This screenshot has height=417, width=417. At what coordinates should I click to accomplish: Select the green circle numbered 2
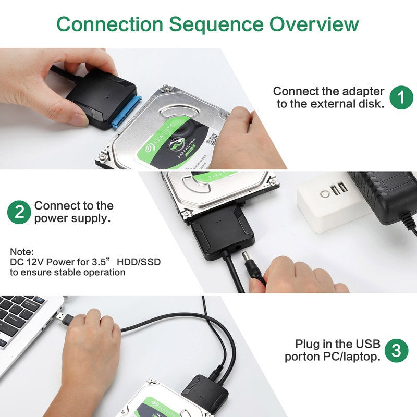click(19, 212)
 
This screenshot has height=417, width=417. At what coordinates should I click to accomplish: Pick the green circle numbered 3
click(396, 350)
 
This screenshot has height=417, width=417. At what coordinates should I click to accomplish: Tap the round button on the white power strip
click(325, 193)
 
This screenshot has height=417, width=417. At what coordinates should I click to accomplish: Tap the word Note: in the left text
click(21, 251)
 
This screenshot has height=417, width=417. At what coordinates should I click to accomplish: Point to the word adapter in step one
click(360, 91)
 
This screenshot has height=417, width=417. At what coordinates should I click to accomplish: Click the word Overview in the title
click(314, 24)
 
